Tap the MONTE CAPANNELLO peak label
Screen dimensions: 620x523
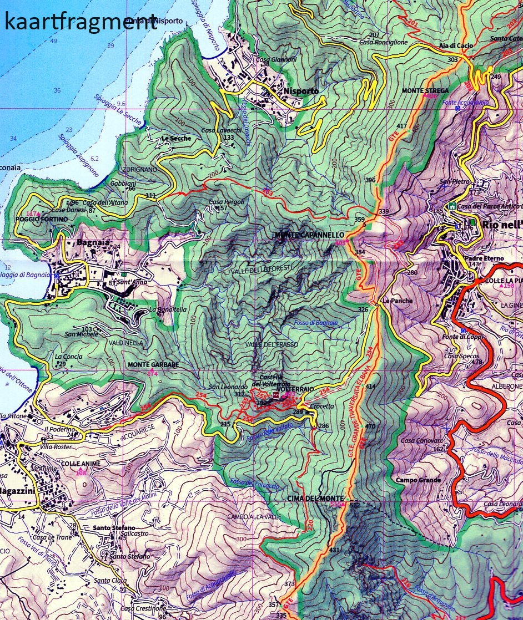309,236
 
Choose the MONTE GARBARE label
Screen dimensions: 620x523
153,365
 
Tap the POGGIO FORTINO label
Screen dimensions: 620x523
42,220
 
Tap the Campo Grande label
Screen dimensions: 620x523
419,480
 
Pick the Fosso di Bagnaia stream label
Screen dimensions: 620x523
312,323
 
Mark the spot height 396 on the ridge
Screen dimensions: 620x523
371,180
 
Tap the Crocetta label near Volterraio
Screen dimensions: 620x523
323,406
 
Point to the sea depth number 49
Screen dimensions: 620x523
53,42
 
